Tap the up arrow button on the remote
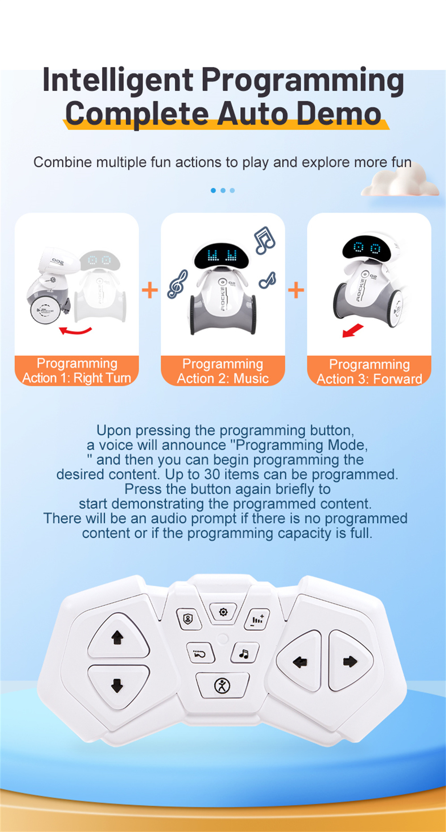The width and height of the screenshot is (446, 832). tap(118, 637)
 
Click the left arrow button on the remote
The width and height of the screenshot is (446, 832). tap(299, 662)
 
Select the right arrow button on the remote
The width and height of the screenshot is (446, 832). tap(350, 661)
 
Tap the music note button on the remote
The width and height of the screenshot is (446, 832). tap(244, 654)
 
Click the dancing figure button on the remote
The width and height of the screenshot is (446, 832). tap(222, 685)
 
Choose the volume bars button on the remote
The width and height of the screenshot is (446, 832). tap(257, 620)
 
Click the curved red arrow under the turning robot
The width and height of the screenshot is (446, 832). tap(75, 331)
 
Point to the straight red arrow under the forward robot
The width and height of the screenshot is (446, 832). tap(353, 331)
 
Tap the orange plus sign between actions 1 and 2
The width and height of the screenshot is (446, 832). tap(150, 290)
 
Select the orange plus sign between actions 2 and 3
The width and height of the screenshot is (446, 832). tap(296, 290)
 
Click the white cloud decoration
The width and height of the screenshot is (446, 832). tap(400, 181)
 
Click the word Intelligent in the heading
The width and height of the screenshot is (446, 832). tap(118, 81)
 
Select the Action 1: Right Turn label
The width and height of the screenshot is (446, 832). tap(77, 378)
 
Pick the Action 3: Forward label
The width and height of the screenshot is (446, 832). tap(369, 379)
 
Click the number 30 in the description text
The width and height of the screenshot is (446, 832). tap(212, 474)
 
